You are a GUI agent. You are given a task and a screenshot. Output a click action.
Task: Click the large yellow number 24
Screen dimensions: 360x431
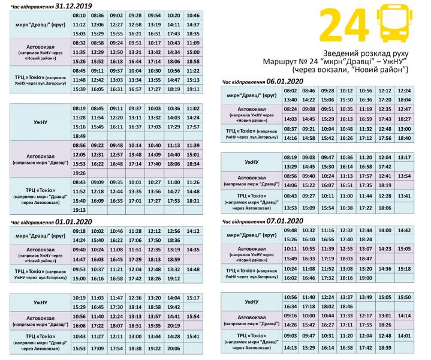[x=343, y=25]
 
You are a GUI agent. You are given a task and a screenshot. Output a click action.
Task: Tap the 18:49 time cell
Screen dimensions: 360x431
[x=79, y=136]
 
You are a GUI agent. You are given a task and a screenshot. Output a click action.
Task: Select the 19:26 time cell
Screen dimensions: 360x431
[x=79, y=172]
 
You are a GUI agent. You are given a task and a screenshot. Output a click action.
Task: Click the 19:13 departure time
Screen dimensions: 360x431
[x=79, y=210]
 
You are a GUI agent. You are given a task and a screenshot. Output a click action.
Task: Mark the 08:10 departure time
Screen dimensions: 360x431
[x=79, y=15]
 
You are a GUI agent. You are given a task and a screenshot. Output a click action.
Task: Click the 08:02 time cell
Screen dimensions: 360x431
[x=290, y=90]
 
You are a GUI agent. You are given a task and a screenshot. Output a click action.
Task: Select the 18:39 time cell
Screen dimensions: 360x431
[x=385, y=348]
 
